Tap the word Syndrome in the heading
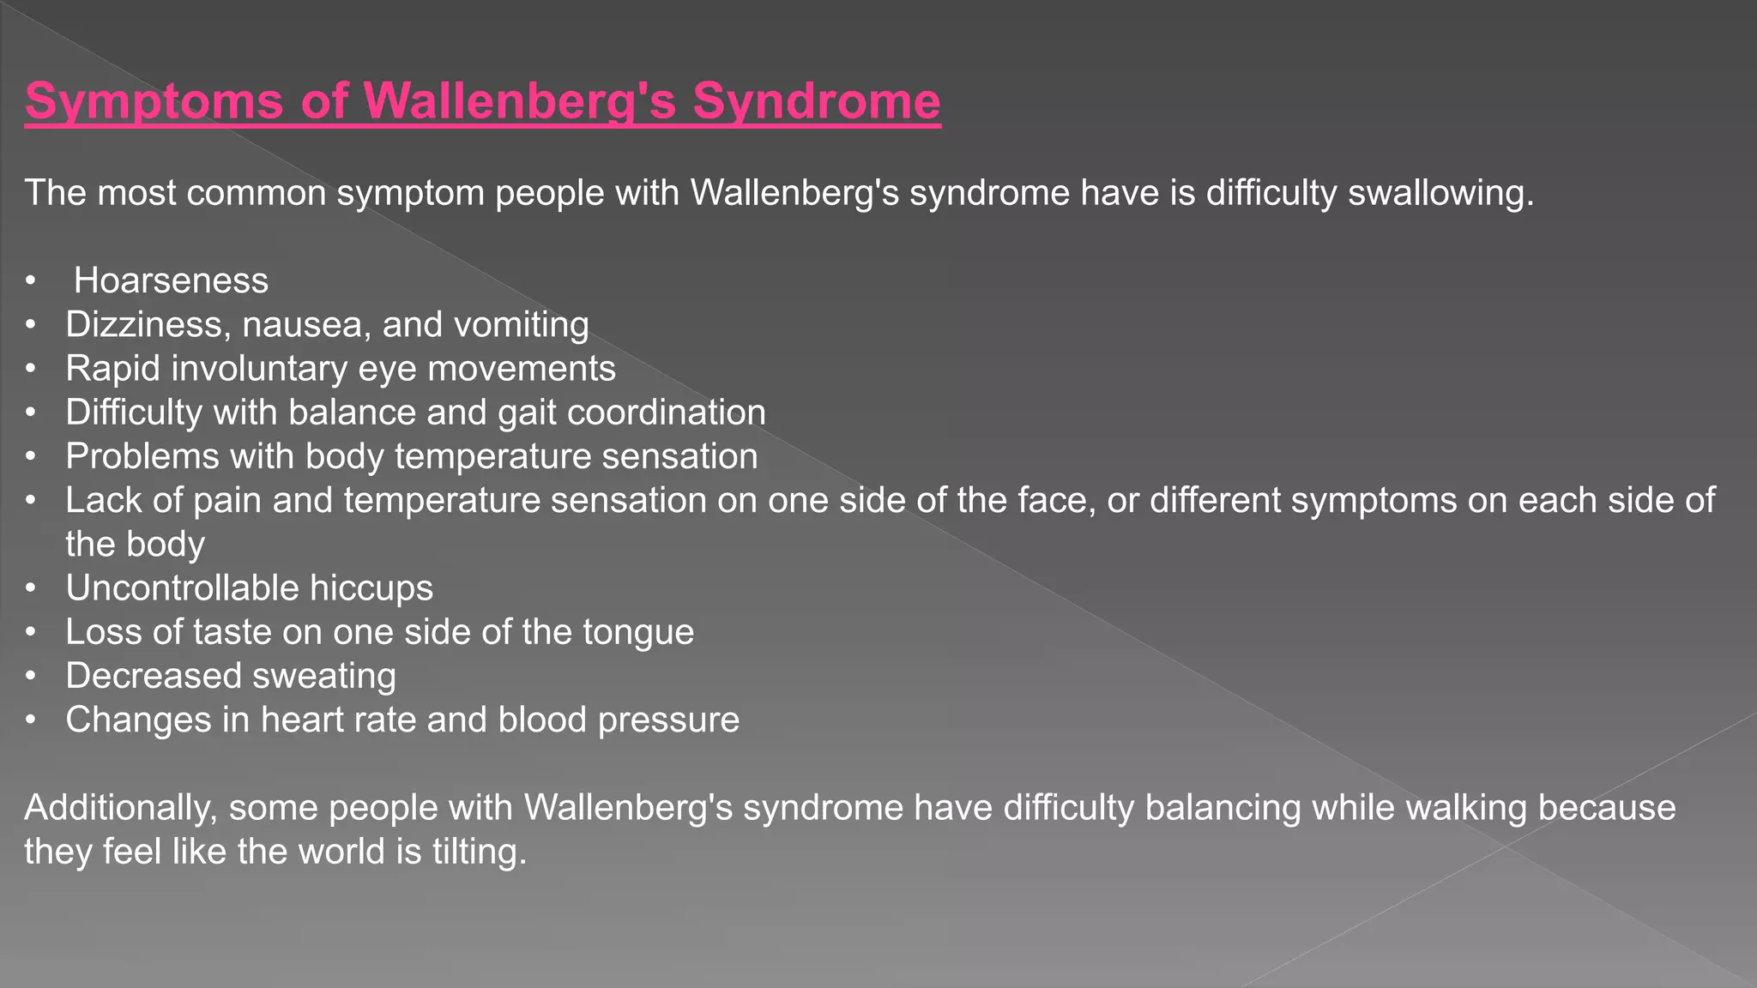(816, 101)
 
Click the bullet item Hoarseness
(171, 281)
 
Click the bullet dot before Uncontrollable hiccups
(31, 588)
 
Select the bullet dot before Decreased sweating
(31, 676)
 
